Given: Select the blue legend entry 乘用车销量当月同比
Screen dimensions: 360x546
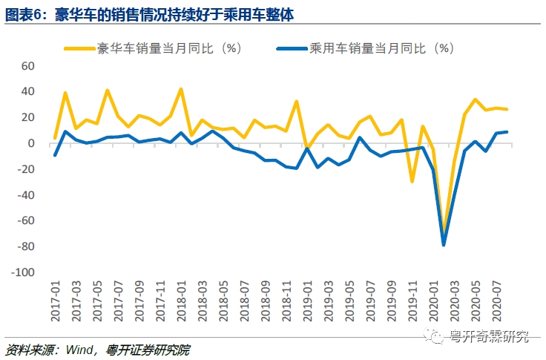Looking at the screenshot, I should (x=381, y=48).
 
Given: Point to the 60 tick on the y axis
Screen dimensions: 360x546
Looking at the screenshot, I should (x=27, y=65).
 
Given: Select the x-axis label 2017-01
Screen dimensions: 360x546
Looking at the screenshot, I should (x=55, y=301).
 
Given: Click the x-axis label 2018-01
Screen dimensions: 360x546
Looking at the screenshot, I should (x=181, y=301).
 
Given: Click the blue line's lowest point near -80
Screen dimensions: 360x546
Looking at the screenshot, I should (x=444, y=244).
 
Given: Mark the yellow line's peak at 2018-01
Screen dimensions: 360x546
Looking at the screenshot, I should (x=181, y=89).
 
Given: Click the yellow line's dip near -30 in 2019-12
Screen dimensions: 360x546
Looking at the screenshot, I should (x=412, y=181).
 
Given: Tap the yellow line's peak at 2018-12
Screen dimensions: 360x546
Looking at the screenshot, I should (x=297, y=101).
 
